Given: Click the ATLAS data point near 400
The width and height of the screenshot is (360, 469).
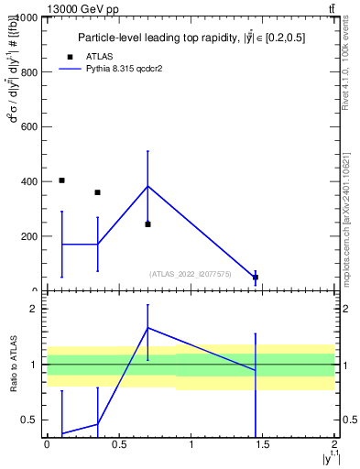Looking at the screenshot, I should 61,180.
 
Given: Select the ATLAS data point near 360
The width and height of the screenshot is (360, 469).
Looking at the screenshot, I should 97,192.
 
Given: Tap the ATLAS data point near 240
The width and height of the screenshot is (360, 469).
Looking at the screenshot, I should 147,224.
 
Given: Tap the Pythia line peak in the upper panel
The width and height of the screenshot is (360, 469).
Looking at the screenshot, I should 147,186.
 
